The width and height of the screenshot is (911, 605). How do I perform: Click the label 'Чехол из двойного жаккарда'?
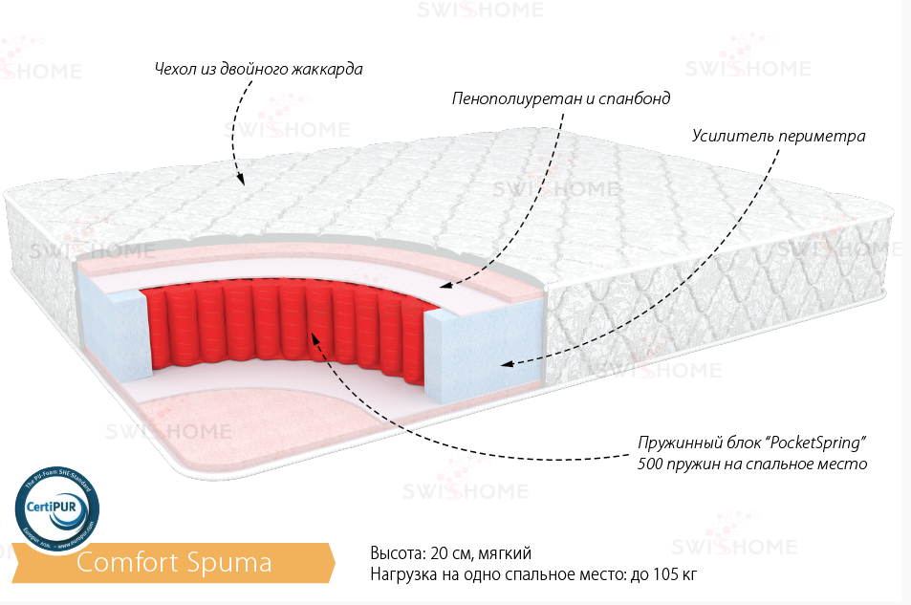coord(258,70)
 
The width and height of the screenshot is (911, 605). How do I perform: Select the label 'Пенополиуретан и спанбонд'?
coord(561,98)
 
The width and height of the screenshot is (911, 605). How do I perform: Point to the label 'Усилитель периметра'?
coord(778,136)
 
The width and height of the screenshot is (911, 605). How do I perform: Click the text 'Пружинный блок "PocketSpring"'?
coord(751,444)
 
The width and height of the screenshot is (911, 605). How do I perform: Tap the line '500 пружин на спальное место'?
coord(751,465)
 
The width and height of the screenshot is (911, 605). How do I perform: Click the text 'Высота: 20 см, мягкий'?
coord(449,553)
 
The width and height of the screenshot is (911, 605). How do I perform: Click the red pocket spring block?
coord(277,320)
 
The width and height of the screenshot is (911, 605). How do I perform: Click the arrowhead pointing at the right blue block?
coord(507,363)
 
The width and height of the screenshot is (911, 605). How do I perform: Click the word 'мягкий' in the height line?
coord(507,553)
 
